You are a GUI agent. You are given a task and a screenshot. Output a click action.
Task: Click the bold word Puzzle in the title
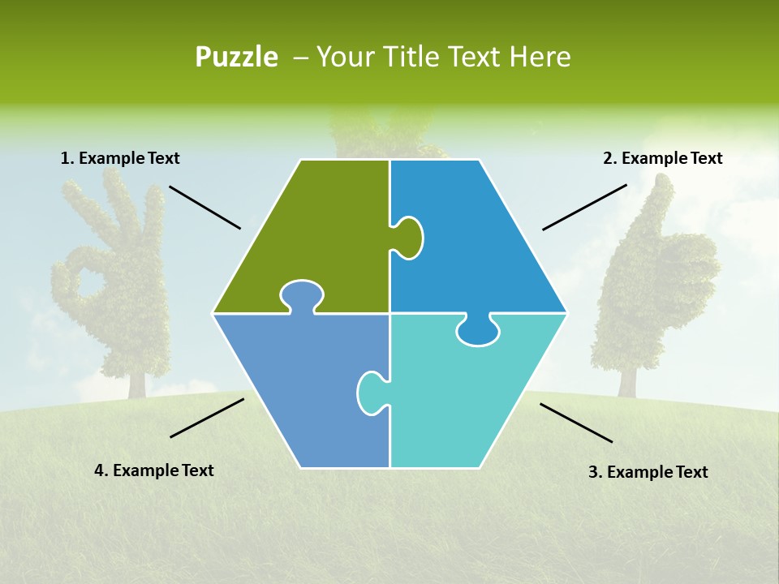[236, 58]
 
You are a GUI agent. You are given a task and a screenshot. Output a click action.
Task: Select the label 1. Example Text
[120, 159]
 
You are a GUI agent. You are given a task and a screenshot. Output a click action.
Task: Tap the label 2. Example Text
[662, 159]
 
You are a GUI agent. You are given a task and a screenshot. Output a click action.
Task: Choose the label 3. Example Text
[648, 472]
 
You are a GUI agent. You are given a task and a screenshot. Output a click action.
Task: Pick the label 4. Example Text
[154, 470]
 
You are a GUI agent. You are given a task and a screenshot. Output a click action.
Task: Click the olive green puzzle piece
[325, 235]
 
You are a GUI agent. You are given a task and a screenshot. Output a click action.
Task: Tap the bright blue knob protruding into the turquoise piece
[478, 330]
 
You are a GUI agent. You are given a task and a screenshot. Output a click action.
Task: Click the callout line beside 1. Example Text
[204, 208]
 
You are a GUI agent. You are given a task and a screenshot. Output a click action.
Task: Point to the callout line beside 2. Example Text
[584, 207]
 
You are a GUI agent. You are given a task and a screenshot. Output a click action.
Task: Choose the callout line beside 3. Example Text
[576, 423]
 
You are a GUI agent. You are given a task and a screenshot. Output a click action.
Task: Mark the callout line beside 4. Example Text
[207, 418]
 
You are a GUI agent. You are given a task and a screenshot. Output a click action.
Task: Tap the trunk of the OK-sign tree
[136, 381]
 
